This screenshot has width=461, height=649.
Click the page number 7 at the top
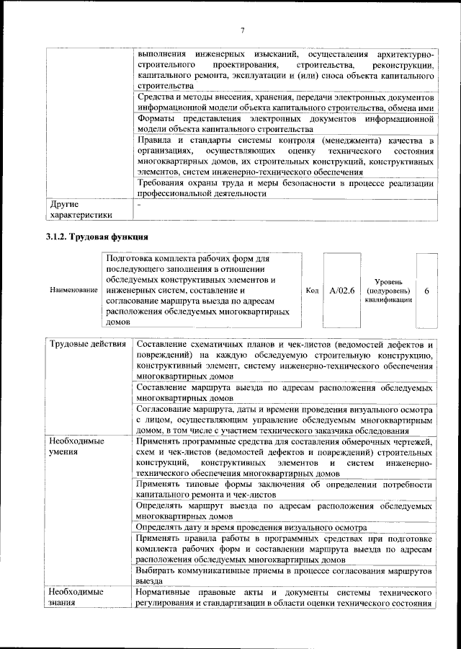242,30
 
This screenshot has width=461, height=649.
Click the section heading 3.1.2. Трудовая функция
97,237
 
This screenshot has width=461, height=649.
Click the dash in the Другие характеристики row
139,205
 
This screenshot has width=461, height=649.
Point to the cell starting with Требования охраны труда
284,188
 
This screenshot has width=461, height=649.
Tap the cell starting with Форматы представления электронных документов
284,124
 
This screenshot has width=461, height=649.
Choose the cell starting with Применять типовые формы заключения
284,490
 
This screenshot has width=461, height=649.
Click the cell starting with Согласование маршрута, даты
284,420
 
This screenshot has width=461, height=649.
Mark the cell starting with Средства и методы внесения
284,102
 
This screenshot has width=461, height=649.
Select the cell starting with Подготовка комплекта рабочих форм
197,290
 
